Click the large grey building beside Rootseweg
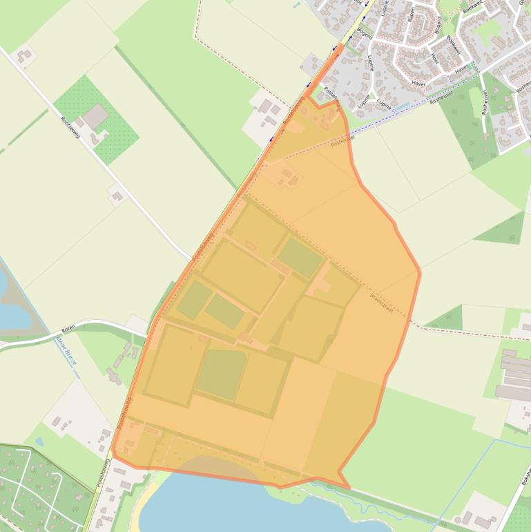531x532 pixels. pos(95,117)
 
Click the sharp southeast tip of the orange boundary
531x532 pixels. pos(349,488)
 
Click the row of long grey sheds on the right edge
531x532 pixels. pos(515,376)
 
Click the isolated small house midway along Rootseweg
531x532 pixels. pos(117,196)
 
